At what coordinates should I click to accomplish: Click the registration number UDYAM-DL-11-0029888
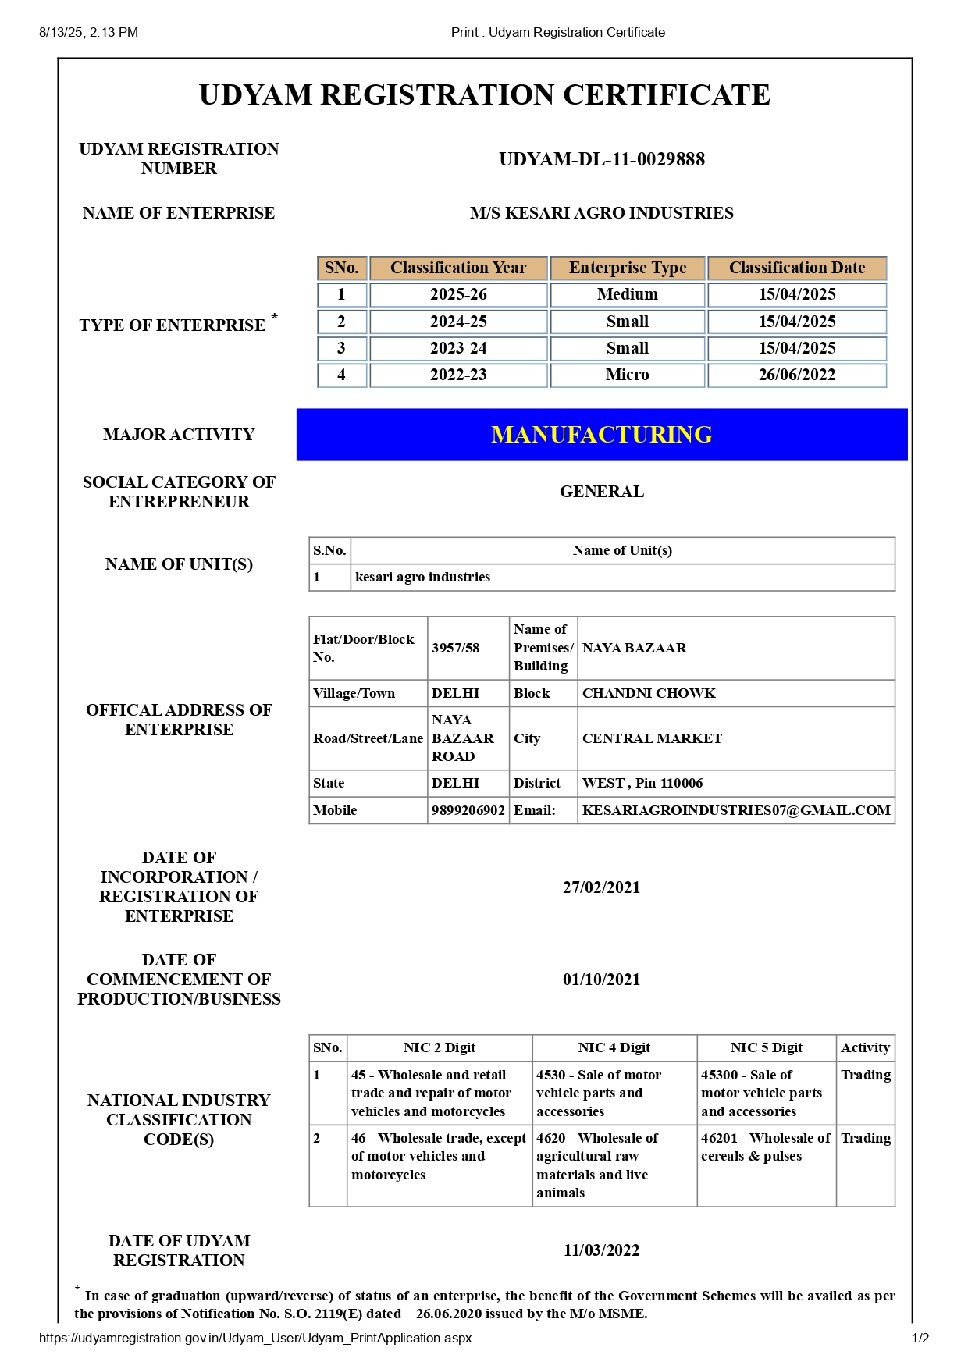(602, 159)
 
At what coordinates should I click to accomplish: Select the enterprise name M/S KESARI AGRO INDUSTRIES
(601, 213)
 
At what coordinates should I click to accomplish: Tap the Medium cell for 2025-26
(627, 294)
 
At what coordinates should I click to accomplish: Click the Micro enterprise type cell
(627, 375)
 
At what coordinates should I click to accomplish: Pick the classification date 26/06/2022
(796, 375)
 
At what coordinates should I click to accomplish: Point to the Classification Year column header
(458, 268)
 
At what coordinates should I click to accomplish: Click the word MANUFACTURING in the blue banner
(601, 435)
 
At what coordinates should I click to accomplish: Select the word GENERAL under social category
(601, 492)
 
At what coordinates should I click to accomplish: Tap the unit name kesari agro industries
(422, 577)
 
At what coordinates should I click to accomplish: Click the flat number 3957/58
(455, 648)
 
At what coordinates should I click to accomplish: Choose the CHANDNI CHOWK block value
(648, 693)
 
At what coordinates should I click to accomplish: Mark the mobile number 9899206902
(468, 810)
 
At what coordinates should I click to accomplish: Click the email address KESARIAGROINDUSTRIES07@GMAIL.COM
(735, 810)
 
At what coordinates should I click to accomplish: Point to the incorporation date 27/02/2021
(601, 887)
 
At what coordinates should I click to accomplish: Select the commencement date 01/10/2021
(601, 980)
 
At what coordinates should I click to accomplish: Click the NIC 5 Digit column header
(766, 1047)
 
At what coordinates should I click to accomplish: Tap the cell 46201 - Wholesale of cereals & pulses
(765, 1147)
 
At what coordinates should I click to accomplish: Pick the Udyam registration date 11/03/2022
(601, 1250)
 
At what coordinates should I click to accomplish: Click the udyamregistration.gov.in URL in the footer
(255, 1338)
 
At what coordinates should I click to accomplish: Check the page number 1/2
(920, 1338)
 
